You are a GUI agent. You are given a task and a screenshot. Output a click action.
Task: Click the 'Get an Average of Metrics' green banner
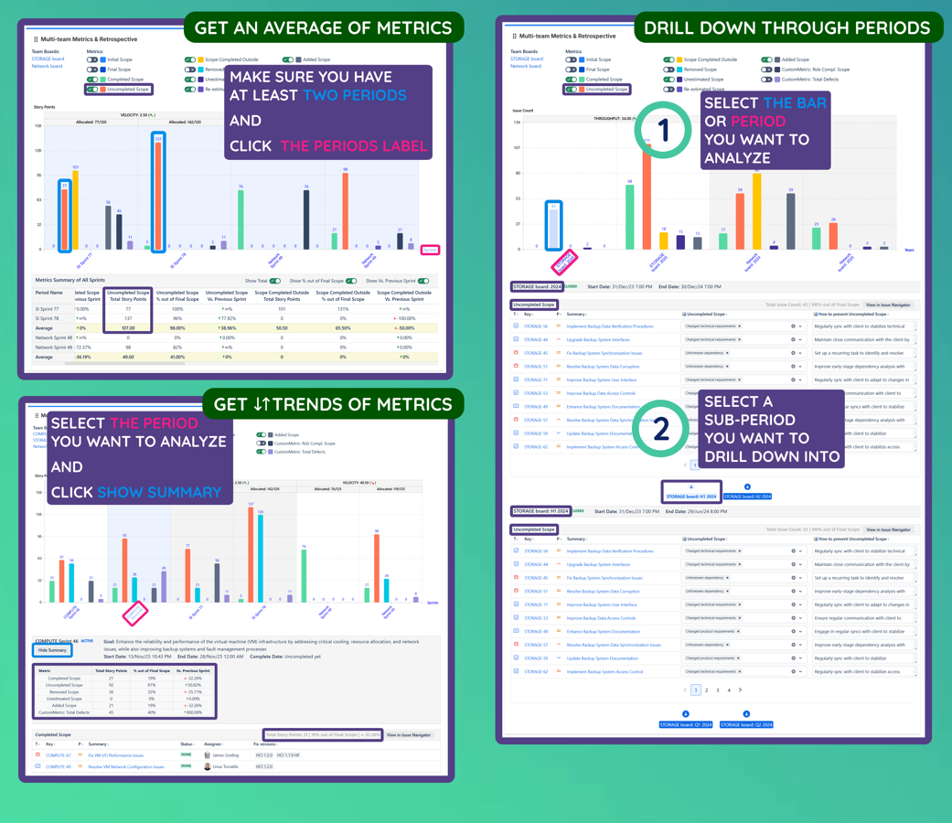point(323,28)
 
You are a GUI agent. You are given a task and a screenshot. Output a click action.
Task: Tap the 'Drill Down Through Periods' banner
point(787,28)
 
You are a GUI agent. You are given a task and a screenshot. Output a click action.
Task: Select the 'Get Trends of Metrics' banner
point(332,403)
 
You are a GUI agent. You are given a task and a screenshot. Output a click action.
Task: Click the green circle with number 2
point(664,428)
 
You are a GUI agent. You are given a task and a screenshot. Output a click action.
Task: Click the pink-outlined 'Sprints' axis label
point(430,250)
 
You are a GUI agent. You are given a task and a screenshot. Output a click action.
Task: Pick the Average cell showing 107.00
point(127,327)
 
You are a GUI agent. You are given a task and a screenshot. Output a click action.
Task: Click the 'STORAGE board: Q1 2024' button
point(686,724)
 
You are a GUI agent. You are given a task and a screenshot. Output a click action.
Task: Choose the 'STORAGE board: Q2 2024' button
point(746,724)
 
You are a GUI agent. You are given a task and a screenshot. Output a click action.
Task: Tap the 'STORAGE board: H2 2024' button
point(747,497)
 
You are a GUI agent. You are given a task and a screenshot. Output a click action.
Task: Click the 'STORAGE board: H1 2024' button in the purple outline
point(691,496)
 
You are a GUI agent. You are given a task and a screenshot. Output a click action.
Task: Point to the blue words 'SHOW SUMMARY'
point(159,492)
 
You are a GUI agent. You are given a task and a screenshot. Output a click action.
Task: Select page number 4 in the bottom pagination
point(729,690)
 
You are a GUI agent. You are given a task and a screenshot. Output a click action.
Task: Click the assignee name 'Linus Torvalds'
point(228,766)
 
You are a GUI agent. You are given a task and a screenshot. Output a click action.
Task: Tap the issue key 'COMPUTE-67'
point(59,755)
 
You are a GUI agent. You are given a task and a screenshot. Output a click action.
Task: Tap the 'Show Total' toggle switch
point(275,281)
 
